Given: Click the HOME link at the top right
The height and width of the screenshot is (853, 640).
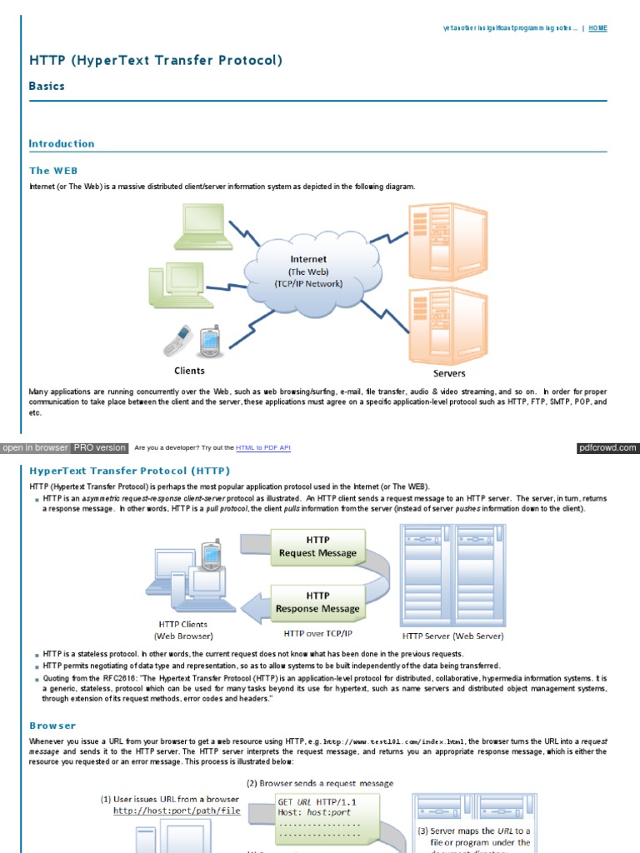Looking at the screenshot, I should pyautogui.click(x=597, y=28).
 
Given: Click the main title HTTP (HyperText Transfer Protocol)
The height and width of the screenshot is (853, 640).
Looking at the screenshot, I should pyautogui.click(x=156, y=60).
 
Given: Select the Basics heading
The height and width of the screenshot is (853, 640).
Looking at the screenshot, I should pyautogui.click(x=47, y=86).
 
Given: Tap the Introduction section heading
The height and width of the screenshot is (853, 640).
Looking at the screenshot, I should pyautogui.click(x=62, y=143).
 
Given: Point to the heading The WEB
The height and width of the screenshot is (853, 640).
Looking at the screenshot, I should pyautogui.click(x=53, y=170).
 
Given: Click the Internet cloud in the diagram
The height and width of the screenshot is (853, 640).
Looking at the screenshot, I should pyautogui.click(x=307, y=270).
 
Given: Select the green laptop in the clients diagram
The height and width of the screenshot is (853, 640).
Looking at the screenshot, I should pyautogui.click(x=197, y=227).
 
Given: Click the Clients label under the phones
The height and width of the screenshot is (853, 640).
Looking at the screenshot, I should pyautogui.click(x=189, y=371).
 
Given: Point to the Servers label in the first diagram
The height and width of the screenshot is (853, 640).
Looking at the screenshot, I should pyautogui.click(x=449, y=373).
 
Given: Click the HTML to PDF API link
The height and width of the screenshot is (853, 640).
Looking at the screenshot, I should pyautogui.click(x=263, y=448).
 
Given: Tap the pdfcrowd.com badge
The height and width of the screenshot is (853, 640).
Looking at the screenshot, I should pyautogui.click(x=607, y=448).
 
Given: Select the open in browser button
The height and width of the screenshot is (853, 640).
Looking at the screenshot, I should pyautogui.click(x=35, y=448).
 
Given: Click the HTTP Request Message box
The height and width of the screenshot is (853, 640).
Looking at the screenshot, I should pyautogui.click(x=317, y=546).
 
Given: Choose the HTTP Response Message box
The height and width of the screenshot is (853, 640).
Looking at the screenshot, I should pyautogui.click(x=317, y=602).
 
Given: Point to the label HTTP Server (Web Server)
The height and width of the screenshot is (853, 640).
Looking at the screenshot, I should pyautogui.click(x=452, y=636).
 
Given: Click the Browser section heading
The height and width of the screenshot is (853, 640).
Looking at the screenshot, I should pyautogui.click(x=52, y=726).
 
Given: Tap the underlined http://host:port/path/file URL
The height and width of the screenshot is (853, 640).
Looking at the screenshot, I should pyautogui.click(x=177, y=810).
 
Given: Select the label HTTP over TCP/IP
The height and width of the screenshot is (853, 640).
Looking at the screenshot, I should pyautogui.click(x=319, y=633).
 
